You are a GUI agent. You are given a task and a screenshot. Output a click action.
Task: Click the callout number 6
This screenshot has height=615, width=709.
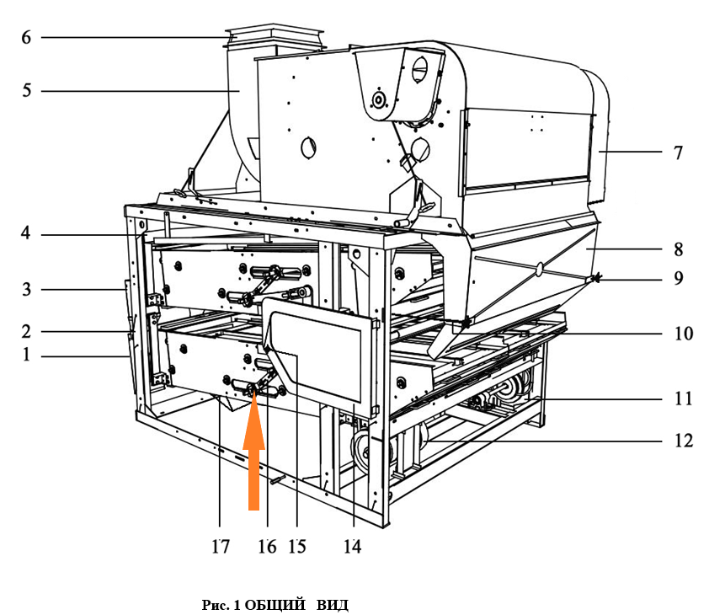coord(26,37)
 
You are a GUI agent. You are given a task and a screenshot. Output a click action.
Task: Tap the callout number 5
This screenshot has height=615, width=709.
coord(27,90)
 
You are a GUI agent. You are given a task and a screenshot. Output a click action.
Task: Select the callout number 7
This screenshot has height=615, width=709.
coord(678,152)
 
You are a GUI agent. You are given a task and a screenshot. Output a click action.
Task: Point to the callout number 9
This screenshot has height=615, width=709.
coord(678,278)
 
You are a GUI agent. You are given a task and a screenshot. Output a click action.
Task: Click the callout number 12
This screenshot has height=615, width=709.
coord(683,440)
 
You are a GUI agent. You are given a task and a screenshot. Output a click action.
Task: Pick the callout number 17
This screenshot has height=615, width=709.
coord(221,547)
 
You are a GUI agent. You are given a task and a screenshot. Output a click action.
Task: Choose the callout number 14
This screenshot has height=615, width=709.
coord(352,547)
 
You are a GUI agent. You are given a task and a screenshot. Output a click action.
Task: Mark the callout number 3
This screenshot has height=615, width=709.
coord(27,289)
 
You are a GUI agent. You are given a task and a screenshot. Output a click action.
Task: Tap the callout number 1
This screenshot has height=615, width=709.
coord(26,354)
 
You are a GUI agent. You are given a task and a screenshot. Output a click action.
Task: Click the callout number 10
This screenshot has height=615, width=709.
coord(683,334)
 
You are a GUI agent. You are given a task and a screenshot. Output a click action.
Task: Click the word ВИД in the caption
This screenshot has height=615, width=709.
coord(333,605)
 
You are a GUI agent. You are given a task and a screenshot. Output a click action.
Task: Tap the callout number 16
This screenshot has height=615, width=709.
coord(267,547)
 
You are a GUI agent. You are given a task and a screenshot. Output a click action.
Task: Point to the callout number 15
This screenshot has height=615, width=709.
coord(297,547)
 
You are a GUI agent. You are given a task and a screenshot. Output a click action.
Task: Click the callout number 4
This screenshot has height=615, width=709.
coord(26,233)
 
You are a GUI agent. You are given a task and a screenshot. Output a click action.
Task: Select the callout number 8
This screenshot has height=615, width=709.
coord(678,249)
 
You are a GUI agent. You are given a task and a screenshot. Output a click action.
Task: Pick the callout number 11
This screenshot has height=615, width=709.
coord(683,398)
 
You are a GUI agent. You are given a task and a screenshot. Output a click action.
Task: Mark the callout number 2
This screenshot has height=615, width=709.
coord(26,332)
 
